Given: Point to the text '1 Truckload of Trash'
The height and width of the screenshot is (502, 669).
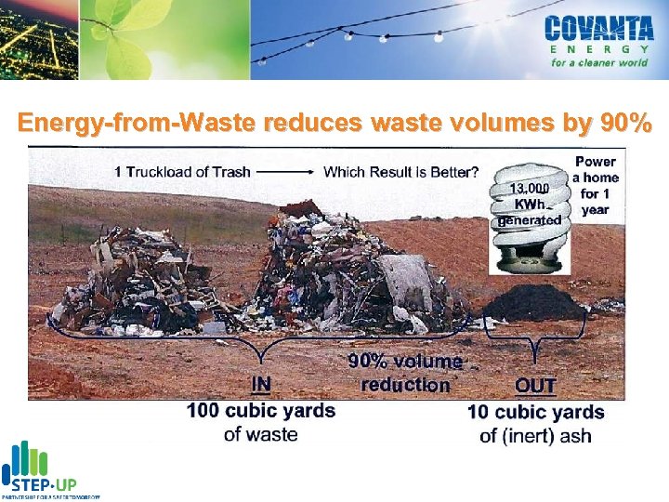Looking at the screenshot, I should [x=182, y=171].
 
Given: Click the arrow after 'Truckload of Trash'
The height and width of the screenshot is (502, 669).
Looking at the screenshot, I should [x=285, y=172].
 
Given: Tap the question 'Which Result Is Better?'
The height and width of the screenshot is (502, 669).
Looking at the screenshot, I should [x=400, y=171].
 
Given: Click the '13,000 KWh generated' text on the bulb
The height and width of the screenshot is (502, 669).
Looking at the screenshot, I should [x=531, y=204].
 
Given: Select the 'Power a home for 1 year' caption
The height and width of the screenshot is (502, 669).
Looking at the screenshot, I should [x=595, y=185].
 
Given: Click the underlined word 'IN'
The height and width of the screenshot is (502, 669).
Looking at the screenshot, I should [x=261, y=384].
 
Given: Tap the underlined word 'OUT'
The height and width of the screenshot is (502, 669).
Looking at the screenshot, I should [x=535, y=385].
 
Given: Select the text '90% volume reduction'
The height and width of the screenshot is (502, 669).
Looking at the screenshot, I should [x=405, y=373].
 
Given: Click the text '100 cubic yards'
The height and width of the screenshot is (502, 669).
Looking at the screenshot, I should [x=261, y=410].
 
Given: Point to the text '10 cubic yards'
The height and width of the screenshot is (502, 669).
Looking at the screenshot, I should [x=535, y=412].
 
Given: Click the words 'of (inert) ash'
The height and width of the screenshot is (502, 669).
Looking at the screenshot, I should [x=535, y=435].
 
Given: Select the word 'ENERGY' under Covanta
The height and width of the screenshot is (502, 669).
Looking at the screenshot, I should [x=597, y=48].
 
